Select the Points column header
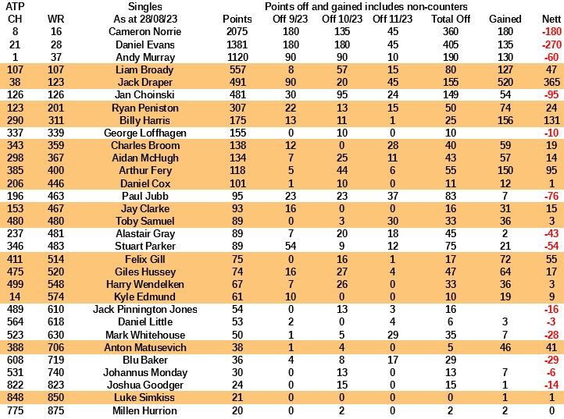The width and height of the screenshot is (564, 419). [237, 19]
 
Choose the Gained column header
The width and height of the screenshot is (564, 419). [505, 19]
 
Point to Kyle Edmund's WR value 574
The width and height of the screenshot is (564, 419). [55, 296]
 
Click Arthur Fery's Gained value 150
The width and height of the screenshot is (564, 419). [505, 170]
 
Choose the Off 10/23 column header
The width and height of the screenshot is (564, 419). [346, 19]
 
